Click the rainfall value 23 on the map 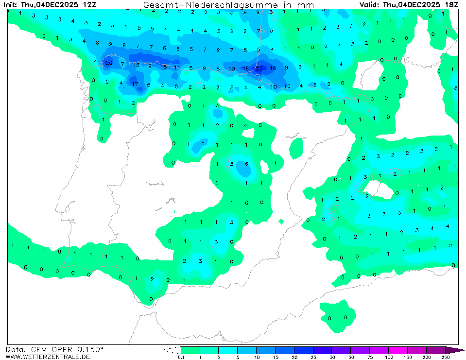coord(259,69)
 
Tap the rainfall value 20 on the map coord(109,63)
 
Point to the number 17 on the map coord(135,84)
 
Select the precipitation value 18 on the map coord(245,69)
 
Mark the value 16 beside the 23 coord(273,69)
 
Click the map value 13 coord(232,69)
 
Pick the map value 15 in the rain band coord(164,67)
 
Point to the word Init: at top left coord(12,5)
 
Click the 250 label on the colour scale coord(445,357)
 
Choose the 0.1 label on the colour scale coord(181,357)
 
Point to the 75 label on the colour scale coord(370,357)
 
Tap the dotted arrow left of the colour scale coord(172,350)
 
